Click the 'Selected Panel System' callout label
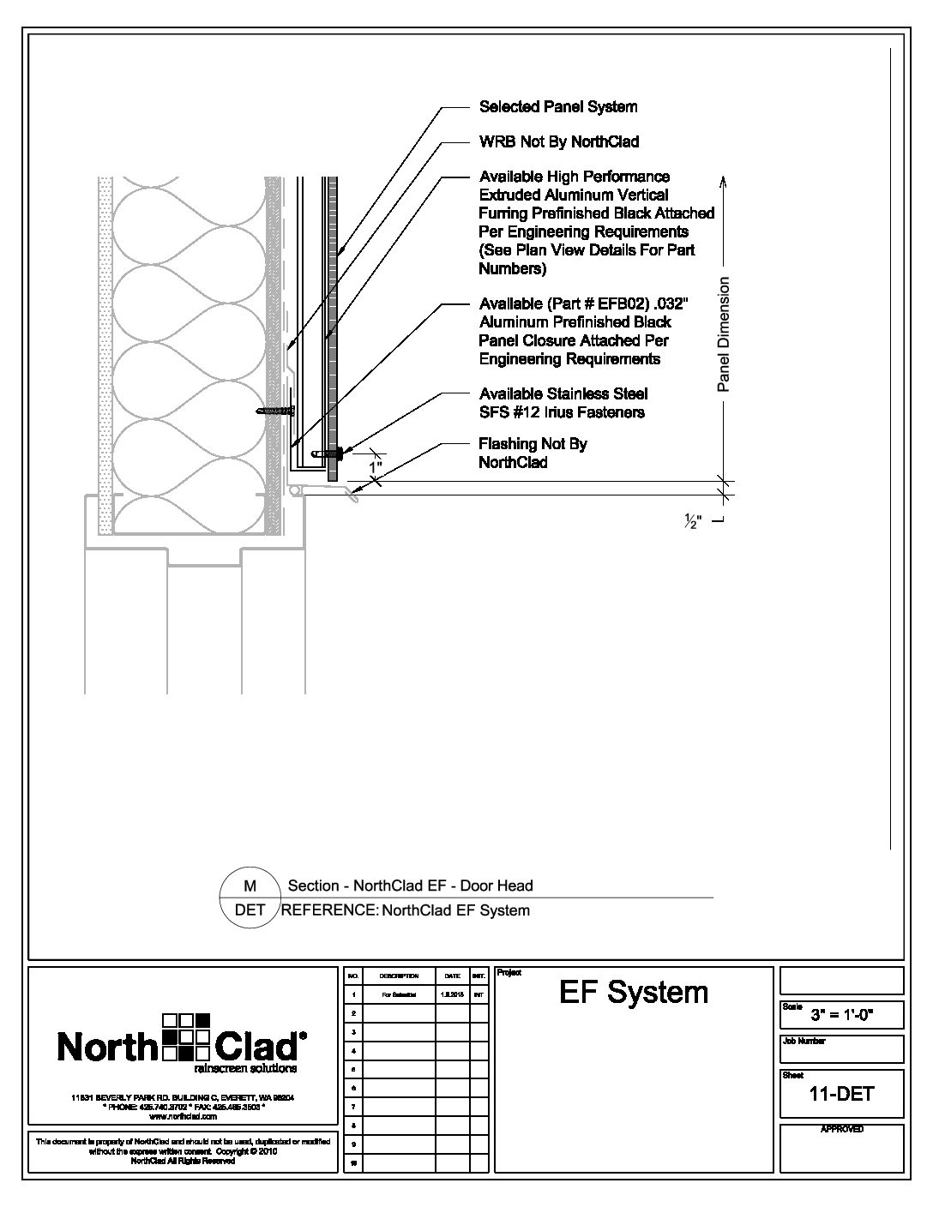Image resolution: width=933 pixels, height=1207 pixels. click(x=558, y=107)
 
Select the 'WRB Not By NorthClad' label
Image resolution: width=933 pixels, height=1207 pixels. click(x=559, y=141)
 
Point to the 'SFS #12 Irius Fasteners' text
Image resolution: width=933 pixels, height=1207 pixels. click(x=562, y=412)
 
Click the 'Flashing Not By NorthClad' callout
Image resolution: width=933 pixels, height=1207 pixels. click(x=533, y=453)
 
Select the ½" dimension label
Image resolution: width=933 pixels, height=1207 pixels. click(x=693, y=522)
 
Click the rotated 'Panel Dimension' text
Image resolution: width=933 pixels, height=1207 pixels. click(x=723, y=334)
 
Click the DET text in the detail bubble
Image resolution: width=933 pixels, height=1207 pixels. click(x=250, y=910)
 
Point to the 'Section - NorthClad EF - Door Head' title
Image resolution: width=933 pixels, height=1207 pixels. click(x=410, y=886)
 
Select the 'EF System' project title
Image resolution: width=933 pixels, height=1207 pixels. click(x=634, y=993)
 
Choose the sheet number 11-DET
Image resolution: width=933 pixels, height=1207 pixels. click(x=841, y=1093)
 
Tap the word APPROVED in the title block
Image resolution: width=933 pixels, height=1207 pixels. click(x=841, y=1129)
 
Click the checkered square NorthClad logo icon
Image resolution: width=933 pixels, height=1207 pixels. click(x=185, y=1035)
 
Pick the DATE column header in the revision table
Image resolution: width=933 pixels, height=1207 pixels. click(x=452, y=976)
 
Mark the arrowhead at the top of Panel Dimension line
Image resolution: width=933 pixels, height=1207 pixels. click(x=723, y=181)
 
